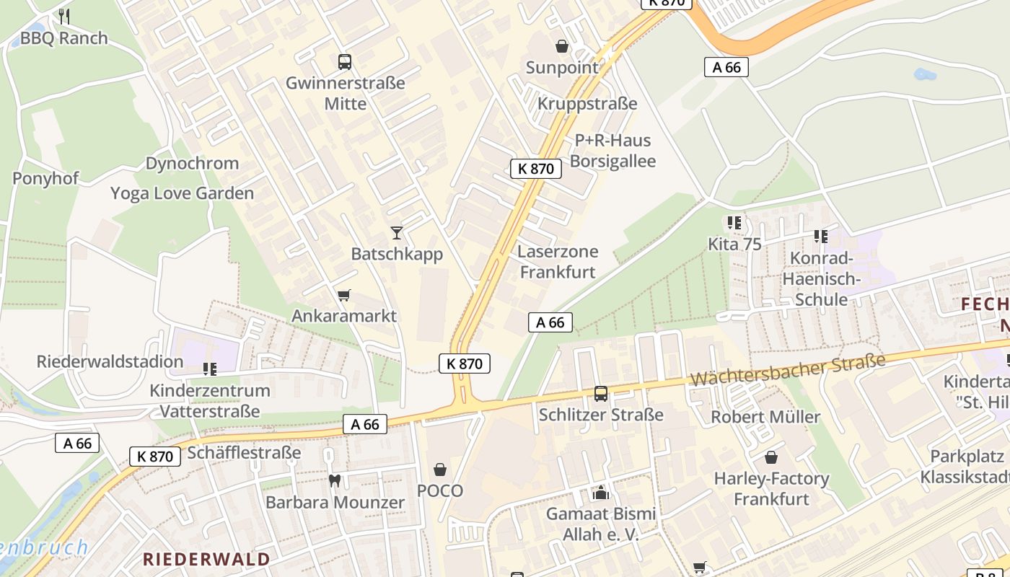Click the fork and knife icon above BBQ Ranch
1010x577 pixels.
click(64, 16)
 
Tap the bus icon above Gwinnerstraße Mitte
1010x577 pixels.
click(345, 62)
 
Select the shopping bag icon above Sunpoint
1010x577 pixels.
click(562, 47)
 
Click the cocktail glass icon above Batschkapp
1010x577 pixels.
click(396, 232)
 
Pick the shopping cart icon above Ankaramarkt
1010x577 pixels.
click(344, 295)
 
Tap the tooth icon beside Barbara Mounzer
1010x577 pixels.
click(334, 480)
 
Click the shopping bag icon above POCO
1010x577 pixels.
click(440, 470)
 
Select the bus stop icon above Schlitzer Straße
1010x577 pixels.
click(600, 394)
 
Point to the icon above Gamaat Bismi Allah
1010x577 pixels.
click(600, 493)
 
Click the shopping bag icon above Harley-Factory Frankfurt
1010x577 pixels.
click(771, 457)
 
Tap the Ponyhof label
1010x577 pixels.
click(45, 179)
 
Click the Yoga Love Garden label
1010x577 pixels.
click(182, 193)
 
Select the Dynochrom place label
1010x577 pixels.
click(192, 164)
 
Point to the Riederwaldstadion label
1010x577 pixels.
click(110, 361)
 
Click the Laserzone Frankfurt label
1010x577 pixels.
click(558, 262)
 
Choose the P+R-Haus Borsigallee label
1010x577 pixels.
click(612, 151)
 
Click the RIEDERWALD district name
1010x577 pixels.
click(206, 559)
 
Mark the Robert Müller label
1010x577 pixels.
click(765, 417)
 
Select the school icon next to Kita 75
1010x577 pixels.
click(734, 223)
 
